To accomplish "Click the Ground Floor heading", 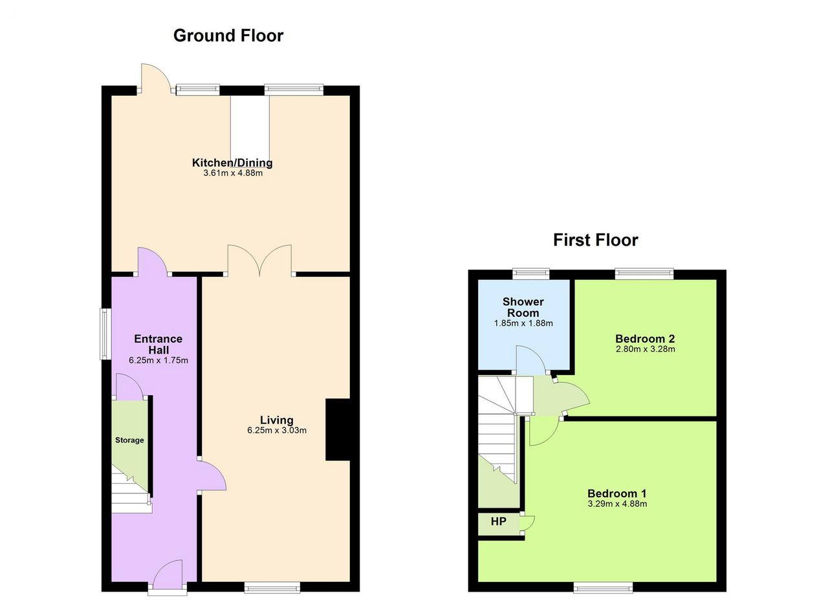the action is pos(228,36).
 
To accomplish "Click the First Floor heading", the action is pos(596,240).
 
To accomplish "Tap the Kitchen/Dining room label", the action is pos(232,162).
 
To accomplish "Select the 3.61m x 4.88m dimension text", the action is pos(233,173).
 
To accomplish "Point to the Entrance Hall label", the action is pos(158,345).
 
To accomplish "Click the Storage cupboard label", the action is pos(129,440).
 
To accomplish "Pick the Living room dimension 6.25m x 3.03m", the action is pos(277,430).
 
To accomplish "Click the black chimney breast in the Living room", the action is pos(338,429).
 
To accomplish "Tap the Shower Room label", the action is pos(523,307).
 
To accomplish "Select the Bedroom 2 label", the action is pos(645,339).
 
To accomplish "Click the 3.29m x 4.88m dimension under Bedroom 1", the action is pos(617,504).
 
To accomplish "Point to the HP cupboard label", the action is pos(498,521).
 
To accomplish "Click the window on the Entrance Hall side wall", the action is pos(105,334).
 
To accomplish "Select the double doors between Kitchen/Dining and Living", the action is pos(259,260).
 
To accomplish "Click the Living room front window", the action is pos(272,587).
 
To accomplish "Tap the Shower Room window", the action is pos(531,274).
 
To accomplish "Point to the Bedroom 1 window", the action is pos(603,587).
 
